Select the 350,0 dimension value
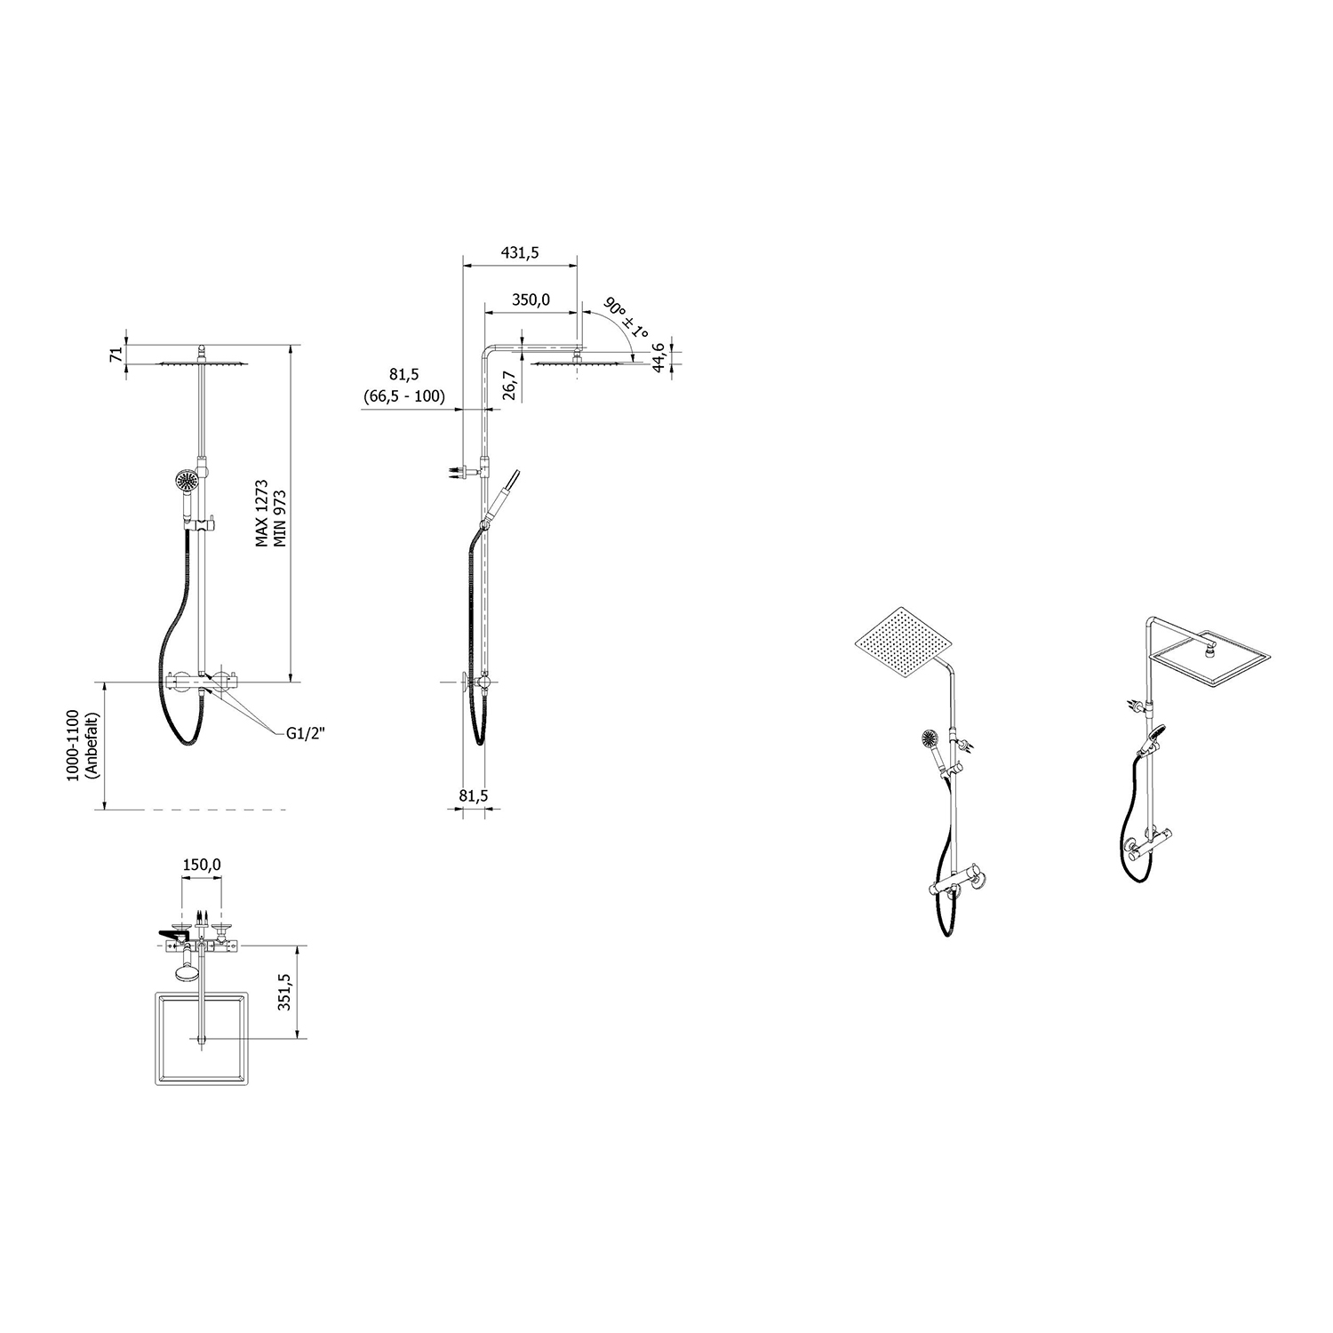pos(531,300)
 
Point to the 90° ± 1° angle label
pos(626,320)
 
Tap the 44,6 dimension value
pos(659,358)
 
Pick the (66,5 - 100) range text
pos(403,396)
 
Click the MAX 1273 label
pos(263,515)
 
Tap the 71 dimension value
pos(115,355)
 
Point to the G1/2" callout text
pos(306,733)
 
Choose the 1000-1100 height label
pos(74,745)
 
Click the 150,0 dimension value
pos(202,865)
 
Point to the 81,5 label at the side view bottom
pos(474,796)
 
